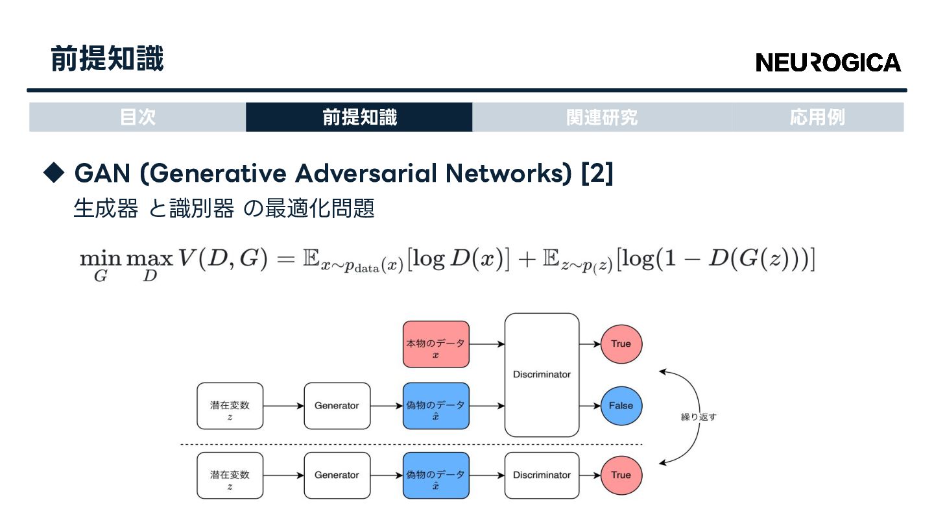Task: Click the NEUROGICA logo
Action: pyautogui.click(x=828, y=62)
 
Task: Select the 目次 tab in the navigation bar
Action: pyautogui.click(x=138, y=118)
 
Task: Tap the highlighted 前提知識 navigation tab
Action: pyautogui.click(x=359, y=118)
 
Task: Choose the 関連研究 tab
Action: pyautogui.click(x=601, y=118)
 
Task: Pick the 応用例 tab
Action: pyautogui.click(x=817, y=118)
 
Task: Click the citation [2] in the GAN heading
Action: pyautogui.click(x=597, y=173)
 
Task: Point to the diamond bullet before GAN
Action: pyautogui.click(x=54, y=172)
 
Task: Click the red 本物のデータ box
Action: pyautogui.click(x=436, y=344)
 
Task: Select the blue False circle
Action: pyautogui.click(x=621, y=406)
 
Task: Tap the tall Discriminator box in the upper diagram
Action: pyautogui.click(x=542, y=375)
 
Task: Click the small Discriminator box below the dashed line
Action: pyautogui.click(x=542, y=475)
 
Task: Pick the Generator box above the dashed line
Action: pyautogui.click(x=337, y=406)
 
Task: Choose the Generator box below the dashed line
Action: pyautogui.click(x=337, y=475)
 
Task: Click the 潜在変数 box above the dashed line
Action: pyautogui.click(x=230, y=406)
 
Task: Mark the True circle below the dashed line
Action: pyautogui.click(x=621, y=475)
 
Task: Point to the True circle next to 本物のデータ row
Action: pyautogui.click(x=621, y=344)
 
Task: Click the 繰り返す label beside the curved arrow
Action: pyautogui.click(x=699, y=417)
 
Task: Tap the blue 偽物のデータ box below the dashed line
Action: pyautogui.click(x=436, y=475)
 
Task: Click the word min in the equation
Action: pyautogui.click(x=100, y=258)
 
